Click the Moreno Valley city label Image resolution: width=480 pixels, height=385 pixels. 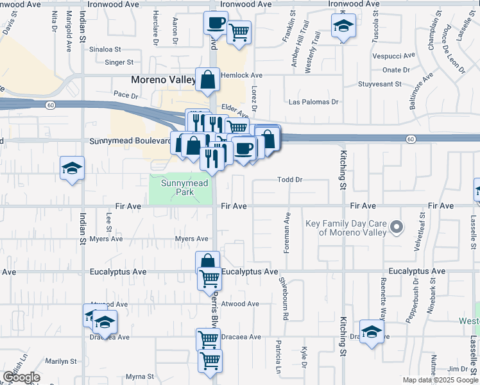(163, 80)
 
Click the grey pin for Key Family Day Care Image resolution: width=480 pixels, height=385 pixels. (397, 227)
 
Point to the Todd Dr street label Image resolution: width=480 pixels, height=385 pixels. (289, 180)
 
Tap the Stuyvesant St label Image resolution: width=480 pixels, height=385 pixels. (379, 84)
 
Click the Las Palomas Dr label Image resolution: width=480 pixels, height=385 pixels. (314, 102)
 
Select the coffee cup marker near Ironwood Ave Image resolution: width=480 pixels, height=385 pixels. (215, 24)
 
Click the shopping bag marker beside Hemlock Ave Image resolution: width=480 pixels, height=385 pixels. (208, 80)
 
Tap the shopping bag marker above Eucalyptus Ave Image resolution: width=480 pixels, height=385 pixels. (207, 262)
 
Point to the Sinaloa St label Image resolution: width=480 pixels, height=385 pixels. (105, 49)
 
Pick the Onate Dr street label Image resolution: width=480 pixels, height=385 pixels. (396, 70)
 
